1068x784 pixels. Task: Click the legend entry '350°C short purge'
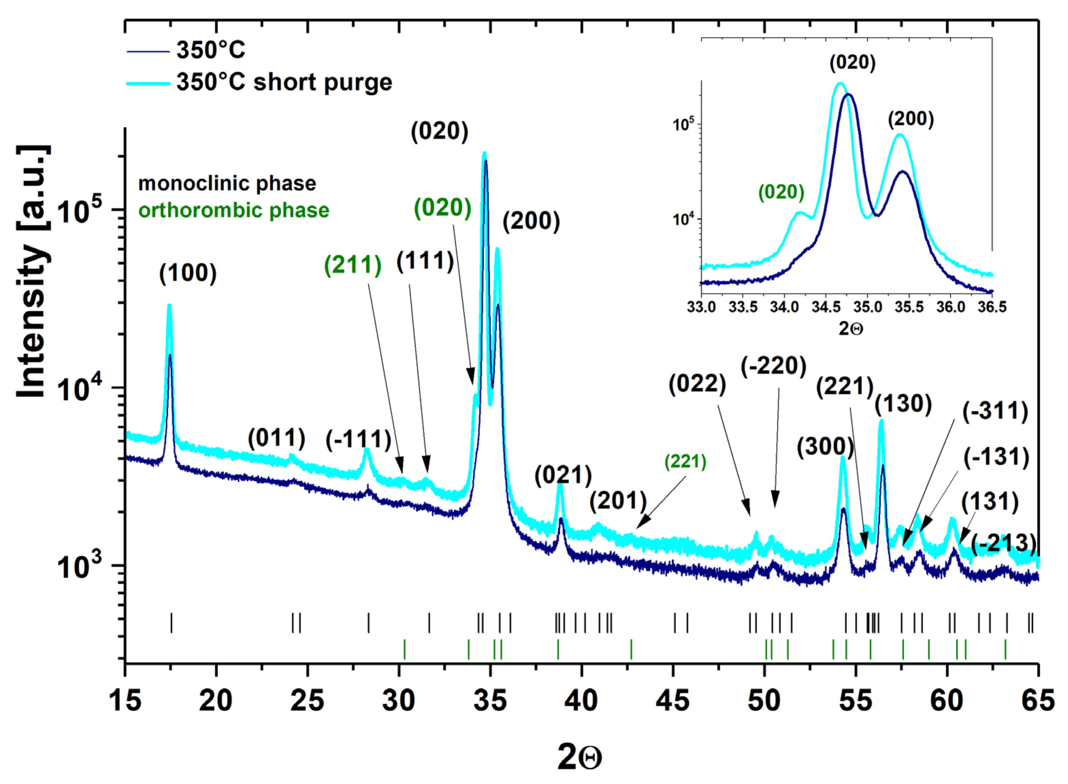(284, 82)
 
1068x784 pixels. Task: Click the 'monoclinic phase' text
(227, 184)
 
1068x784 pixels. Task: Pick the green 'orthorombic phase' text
(234, 210)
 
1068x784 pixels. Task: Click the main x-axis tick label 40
(581, 701)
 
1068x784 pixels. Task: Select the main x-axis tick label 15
(125, 701)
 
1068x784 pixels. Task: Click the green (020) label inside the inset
(781, 192)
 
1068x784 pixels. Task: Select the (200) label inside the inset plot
(910, 119)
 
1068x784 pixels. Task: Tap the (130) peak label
(903, 404)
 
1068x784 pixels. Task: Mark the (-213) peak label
(1003, 544)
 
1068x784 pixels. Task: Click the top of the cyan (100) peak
(169, 307)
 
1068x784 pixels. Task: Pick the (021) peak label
(563, 475)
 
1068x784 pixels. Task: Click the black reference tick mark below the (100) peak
(171, 623)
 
